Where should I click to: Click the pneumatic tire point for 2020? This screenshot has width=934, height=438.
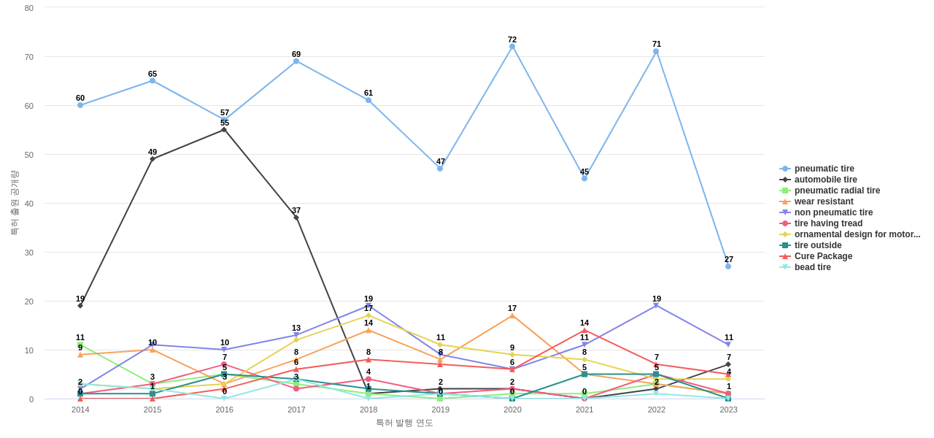(512, 47)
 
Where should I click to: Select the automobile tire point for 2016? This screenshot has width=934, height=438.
(224, 130)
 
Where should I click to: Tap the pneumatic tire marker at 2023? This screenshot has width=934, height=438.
(728, 266)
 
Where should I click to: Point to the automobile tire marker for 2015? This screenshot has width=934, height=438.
(153, 159)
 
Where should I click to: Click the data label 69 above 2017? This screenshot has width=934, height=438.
(296, 54)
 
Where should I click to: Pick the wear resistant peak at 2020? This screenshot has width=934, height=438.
(512, 316)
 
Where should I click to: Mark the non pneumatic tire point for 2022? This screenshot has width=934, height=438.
(656, 306)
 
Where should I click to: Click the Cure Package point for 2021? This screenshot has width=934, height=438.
(584, 331)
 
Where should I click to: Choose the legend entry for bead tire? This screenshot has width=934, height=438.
(812, 267)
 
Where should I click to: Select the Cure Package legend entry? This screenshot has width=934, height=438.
(822, 256)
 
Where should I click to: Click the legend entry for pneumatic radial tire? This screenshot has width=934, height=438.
(836, 191)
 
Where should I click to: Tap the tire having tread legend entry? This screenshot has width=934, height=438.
(827, 223)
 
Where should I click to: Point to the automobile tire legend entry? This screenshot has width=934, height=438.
(825, 180)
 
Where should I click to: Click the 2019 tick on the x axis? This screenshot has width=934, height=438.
(441, 410)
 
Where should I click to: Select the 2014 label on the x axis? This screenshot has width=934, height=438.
(80, 410)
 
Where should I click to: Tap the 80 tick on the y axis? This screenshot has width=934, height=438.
(29, 8)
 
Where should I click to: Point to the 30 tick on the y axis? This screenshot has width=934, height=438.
(29, 253)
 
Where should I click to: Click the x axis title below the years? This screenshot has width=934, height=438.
(404, 423)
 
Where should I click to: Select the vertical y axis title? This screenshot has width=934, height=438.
(14, 203)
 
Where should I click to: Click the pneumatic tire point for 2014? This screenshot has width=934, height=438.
(80, 105)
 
